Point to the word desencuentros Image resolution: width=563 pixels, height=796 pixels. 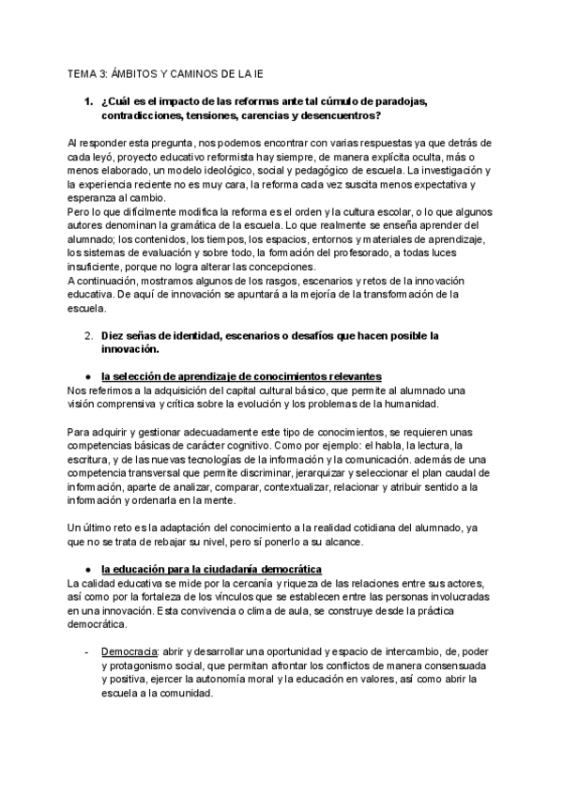point(329,115)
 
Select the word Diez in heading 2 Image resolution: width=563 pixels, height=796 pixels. point(114,335)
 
